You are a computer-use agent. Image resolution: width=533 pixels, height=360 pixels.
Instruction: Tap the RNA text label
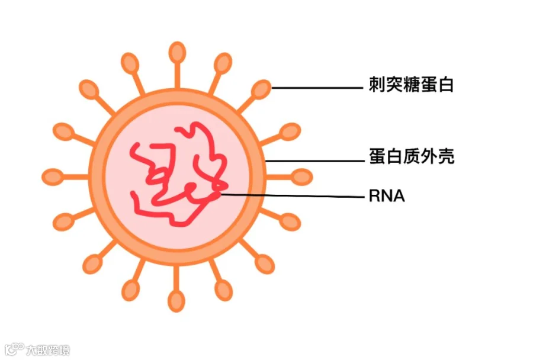(387, 196)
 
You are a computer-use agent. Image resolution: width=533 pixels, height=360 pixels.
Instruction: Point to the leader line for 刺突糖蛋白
(317, 88)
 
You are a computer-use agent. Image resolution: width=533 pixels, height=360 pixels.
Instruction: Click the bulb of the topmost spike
(176, 53)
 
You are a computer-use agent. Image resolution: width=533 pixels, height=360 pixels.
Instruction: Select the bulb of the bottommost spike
(176, 301)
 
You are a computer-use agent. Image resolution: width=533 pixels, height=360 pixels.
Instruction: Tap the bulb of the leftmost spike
(52, 176)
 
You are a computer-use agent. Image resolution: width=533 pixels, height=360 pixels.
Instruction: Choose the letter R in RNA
(374, 196)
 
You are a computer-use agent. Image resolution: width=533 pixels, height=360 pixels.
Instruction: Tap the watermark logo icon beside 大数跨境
(14, 349)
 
